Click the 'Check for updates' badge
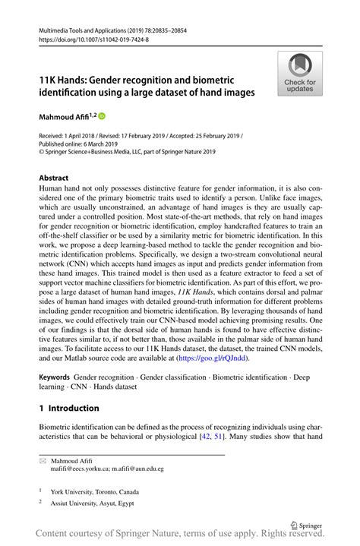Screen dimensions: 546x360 301,74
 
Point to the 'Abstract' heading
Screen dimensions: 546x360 58,178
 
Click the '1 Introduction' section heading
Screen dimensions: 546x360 69,408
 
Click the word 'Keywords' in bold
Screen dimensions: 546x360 54,377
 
